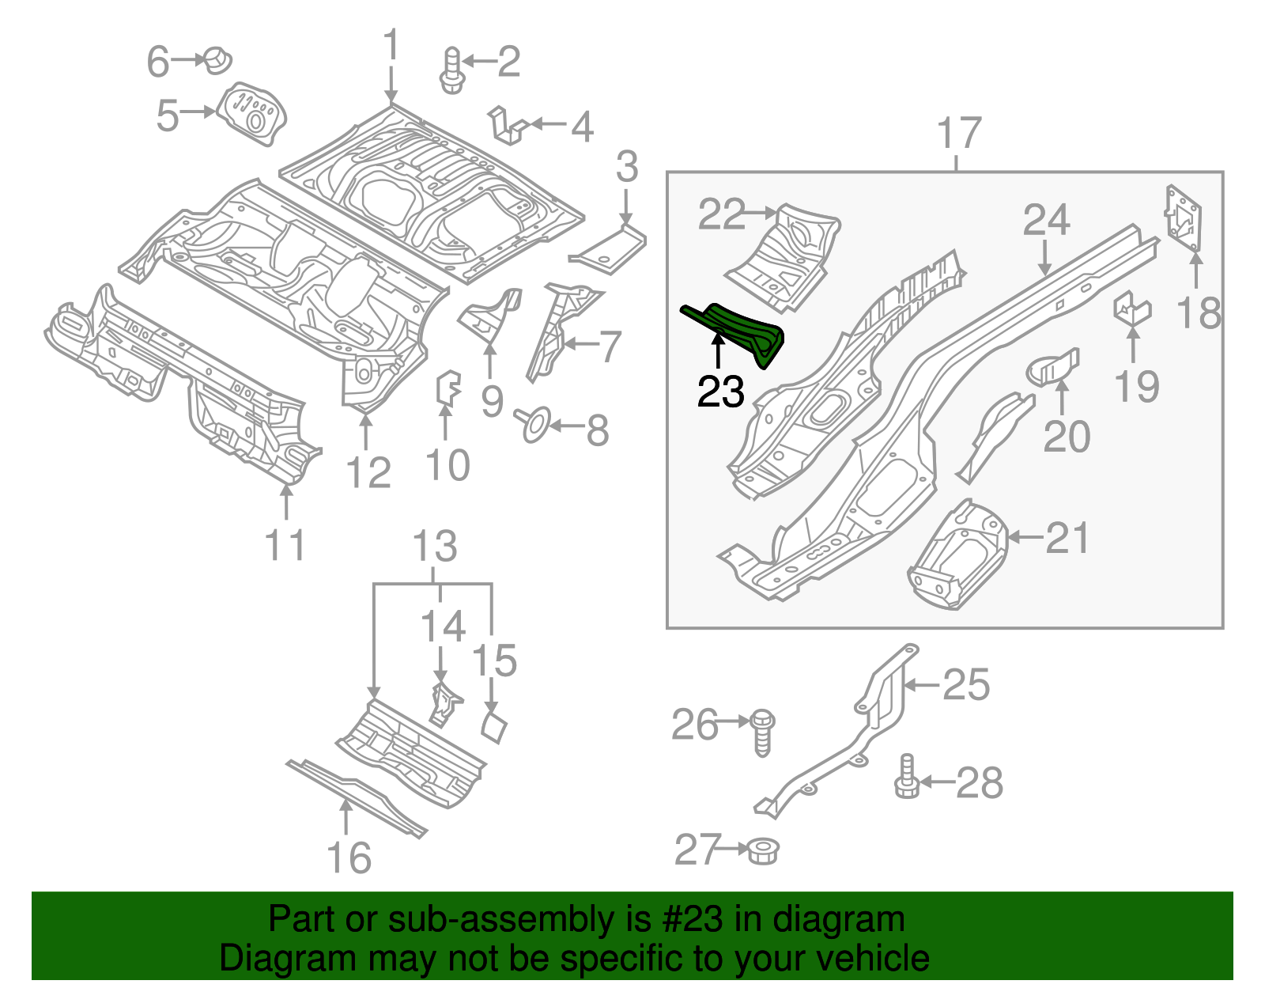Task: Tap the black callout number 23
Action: point(720,392)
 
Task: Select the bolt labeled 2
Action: point(451,70)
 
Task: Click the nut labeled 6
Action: point(217,60)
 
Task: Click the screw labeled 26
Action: point(764,732)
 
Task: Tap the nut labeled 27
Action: point(763,850)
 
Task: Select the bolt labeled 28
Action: point(907,778)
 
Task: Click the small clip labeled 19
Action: point(1131,309)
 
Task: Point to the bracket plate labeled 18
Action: point(1184,218)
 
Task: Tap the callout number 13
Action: point(435,546)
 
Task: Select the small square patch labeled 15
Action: point(494,726)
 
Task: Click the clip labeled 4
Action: point(509,126)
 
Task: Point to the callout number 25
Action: point(966,685)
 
